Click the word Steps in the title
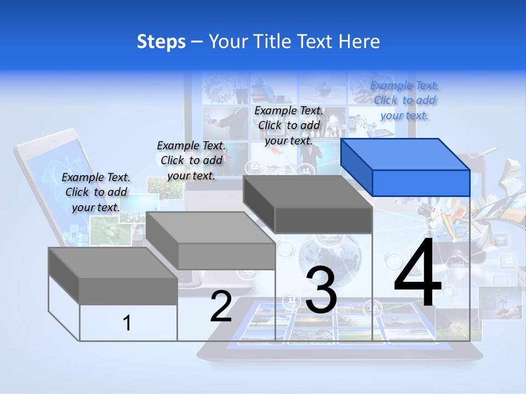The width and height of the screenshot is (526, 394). click(x=161, y=42)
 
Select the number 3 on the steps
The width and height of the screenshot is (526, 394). click(x=321, y=290)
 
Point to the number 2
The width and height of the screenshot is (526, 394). click(x=221, y=306)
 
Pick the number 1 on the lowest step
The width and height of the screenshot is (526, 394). click(x=127, y=323)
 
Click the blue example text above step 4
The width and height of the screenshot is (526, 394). click(x=404, y=100)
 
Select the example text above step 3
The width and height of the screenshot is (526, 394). click(x=289, y=125)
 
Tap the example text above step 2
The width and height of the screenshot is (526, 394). click(x=191, y=160)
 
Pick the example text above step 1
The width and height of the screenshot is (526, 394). click(x=96, y=192)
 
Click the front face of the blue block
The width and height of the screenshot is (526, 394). click(x=421, y=183)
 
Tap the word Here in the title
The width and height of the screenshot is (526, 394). click(x=359, y=42)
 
